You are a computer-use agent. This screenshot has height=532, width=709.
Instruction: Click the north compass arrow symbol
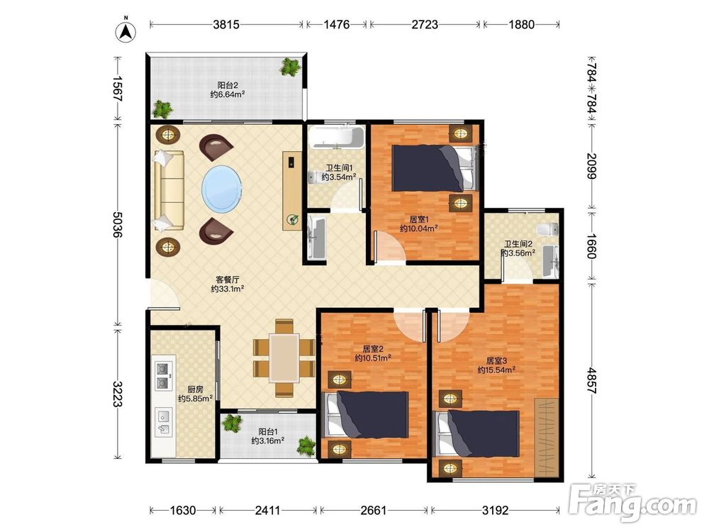coord(126,31)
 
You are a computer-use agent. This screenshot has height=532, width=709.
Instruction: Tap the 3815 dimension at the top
coord(226,24)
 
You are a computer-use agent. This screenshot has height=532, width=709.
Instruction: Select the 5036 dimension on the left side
coord(118,224)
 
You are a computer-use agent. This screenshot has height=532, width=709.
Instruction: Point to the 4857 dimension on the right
coord(592,382)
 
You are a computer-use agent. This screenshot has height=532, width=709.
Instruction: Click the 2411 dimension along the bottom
coord(268,511)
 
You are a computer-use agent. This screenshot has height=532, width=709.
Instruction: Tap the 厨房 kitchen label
coord(196,389)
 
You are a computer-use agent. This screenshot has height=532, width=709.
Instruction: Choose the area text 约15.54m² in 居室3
coord(496,370)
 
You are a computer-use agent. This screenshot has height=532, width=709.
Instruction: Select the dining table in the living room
coord(284,358)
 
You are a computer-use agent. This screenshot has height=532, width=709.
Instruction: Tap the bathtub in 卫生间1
coord(337,138)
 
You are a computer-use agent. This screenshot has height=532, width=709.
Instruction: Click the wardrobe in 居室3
coord(547,437)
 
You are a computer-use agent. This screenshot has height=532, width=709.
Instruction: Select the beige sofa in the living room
coord(169,190)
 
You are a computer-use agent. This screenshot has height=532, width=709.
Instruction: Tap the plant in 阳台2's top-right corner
coord(290,67)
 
